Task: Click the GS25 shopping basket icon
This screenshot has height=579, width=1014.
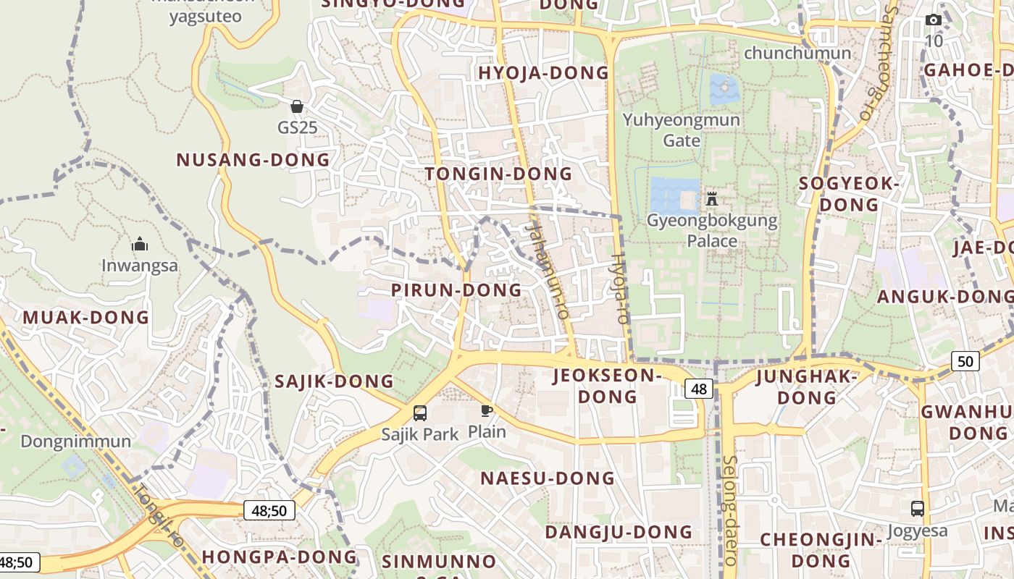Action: (296, 107)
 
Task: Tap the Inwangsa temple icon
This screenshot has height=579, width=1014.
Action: (140, 244)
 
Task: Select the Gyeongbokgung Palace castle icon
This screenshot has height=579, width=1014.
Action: (711, 198)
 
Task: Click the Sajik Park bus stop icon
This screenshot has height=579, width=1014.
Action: (419, 413)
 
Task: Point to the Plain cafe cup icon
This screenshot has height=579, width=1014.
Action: (487, 411)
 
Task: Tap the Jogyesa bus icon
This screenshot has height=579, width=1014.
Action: (917, 508)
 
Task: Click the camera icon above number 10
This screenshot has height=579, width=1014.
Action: (934, 20)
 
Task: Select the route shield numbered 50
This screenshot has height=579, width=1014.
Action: (965, 360)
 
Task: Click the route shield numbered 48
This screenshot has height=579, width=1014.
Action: (698, 389)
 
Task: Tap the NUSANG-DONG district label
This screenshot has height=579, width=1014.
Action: (253, 160)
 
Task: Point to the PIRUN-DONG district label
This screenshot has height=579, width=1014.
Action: (456, 290)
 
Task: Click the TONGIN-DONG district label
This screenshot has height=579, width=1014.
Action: (498, 174)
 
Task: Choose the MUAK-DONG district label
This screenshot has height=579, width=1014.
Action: (85, 317)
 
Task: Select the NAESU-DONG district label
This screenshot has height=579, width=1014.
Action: (548, 478)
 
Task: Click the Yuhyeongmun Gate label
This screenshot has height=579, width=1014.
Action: (681, 130)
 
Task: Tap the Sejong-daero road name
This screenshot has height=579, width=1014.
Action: (729, 510)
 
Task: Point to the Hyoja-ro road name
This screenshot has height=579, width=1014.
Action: (620, 288)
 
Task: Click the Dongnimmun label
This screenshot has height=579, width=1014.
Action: (75, 441)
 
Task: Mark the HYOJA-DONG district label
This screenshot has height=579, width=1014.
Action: (543, 72)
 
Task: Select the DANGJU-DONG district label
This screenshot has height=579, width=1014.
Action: (619, 532)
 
